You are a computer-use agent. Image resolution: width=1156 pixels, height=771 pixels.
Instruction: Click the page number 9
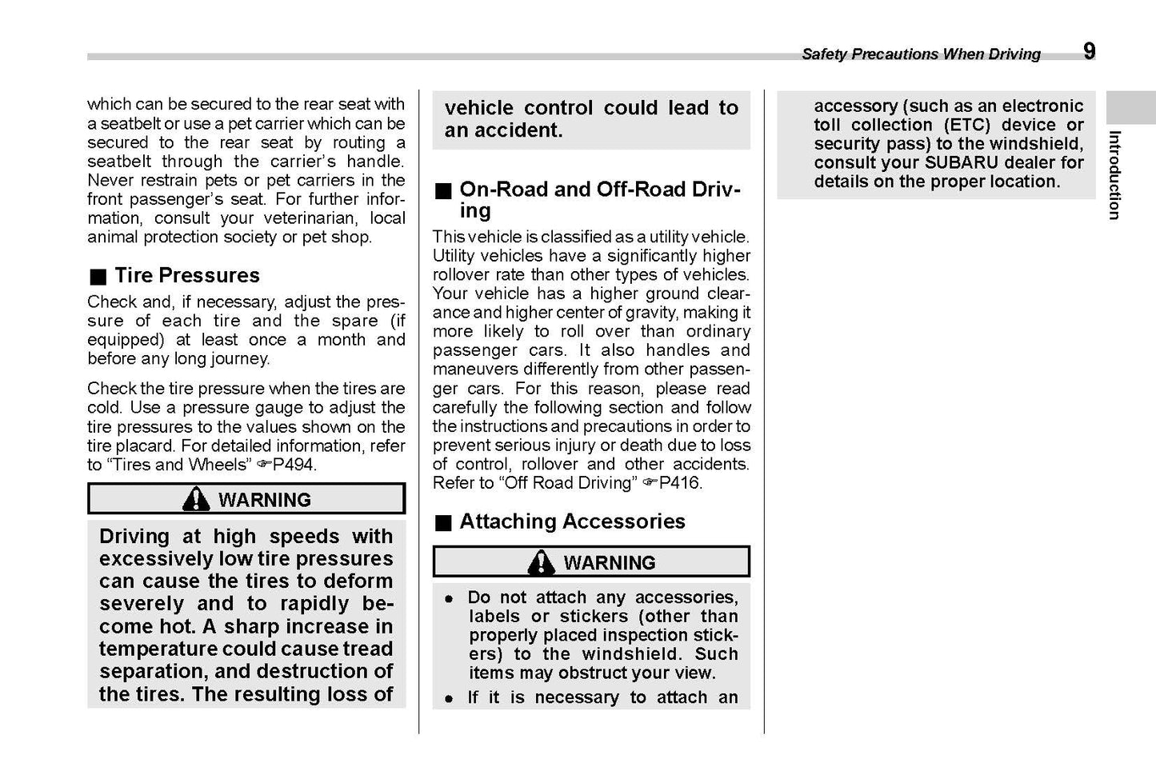(1090, 51)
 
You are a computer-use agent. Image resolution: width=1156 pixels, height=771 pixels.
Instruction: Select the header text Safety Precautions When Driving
(921, 54)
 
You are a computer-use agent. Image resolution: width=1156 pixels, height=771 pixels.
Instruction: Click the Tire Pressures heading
(186, 275)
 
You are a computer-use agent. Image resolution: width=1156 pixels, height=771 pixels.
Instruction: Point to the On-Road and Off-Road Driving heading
(600, 200)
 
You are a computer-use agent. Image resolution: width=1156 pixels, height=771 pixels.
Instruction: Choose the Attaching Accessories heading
(572, 521)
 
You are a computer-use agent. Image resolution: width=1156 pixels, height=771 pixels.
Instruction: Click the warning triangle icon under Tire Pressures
(196, 499)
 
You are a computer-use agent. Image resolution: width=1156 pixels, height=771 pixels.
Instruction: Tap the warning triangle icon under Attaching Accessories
(542, 562)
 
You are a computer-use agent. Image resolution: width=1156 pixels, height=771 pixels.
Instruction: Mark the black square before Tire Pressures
(98, 277)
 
